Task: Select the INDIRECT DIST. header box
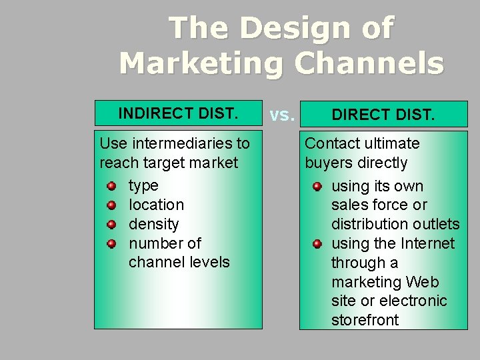pos(178,113)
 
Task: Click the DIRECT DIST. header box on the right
pos(383,115)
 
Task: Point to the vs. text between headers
pos(281,115)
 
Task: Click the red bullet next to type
pos(112,185)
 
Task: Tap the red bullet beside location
pos(112,205)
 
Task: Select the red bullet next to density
pos(112,224)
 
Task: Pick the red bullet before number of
pos(112,243)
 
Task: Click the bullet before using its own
pos(317,186)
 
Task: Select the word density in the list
pos(153,224)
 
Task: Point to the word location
pos(156,205)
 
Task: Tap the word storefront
pos(365,320)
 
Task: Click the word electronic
pos(413,301)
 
